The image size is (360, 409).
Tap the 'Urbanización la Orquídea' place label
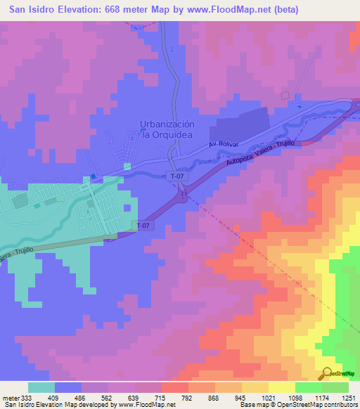[167, 129]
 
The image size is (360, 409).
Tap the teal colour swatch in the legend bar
[41, 387]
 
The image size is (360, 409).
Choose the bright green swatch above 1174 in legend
[308, 387]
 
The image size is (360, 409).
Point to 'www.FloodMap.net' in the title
[233, 9]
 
